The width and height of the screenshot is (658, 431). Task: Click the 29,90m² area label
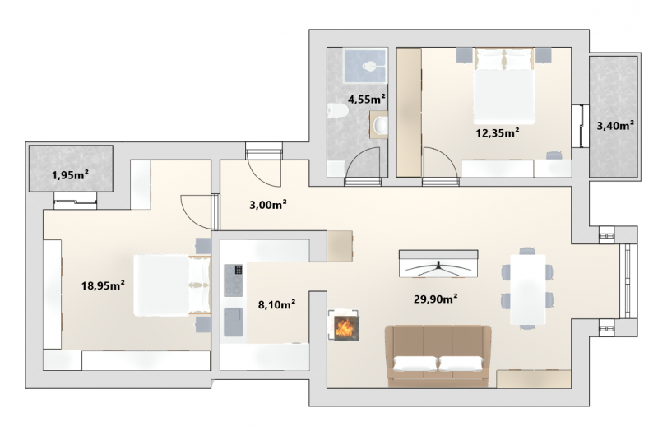436,299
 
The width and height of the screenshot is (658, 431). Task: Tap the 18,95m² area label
103,285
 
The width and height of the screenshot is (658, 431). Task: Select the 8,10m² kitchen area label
276,304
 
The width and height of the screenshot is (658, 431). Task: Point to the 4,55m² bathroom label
367,99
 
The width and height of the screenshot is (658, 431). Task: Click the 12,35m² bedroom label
498,132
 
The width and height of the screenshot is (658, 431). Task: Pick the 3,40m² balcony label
615,125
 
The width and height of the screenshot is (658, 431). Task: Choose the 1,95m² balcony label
70,174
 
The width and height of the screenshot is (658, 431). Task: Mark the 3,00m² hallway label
268,205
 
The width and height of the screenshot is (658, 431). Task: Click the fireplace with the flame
344,325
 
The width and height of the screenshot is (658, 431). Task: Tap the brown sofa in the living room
438,356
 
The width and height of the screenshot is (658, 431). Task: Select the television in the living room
438,263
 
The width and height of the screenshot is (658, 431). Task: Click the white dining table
528,290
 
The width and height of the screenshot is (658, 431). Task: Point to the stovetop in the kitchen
234,280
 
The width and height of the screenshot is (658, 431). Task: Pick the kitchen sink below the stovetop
234,322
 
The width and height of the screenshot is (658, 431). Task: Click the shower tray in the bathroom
365,66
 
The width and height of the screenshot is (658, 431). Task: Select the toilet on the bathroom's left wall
338,111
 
